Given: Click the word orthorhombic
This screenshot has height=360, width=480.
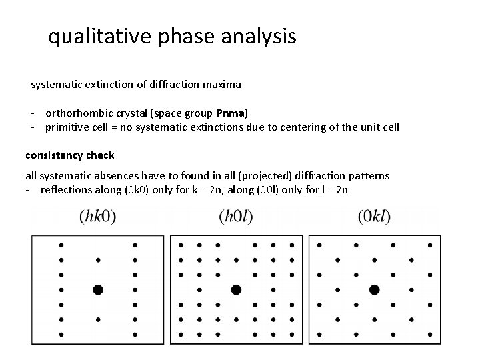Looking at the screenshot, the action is pyautogui.click(x=79, y=111).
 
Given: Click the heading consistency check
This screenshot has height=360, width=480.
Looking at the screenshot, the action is pyautogui.click(x=69, y=155).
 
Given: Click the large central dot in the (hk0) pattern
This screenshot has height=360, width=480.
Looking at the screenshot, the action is pyautogui.click(x=98, y=289).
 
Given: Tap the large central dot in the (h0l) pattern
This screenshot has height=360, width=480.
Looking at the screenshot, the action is pyautogui.click(x=235, y=289).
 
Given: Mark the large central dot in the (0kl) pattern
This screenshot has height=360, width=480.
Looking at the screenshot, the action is pyautogui.click(x=374, y=289).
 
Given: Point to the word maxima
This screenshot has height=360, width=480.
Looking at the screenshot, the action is pyautogui.click(x=225, y=85).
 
